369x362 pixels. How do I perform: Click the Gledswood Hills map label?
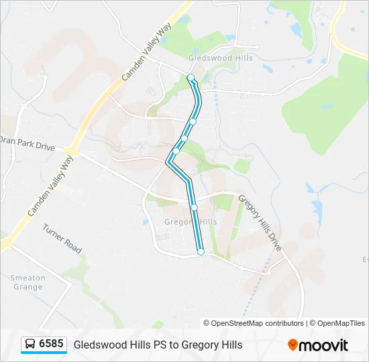click(221, 58)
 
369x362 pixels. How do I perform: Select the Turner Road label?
click(62, 239)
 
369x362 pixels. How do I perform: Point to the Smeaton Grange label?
click(27, 282)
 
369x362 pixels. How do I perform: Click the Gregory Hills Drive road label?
click(260, 224)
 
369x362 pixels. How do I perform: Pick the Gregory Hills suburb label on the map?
click(191, 222)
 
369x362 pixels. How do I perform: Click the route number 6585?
click(52, 344)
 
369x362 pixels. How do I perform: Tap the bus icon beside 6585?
click(30, 345)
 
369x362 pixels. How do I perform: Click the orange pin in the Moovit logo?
click(293, 345)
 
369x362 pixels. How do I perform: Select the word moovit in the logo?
click(323, 345)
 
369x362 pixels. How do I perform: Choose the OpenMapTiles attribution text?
click(340, 323)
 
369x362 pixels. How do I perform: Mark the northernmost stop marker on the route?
click(191, 78)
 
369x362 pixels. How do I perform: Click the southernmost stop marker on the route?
click(201, 251)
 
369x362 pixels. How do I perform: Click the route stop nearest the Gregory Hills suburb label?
click(194, 207)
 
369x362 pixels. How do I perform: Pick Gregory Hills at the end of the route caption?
click(211, 345)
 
